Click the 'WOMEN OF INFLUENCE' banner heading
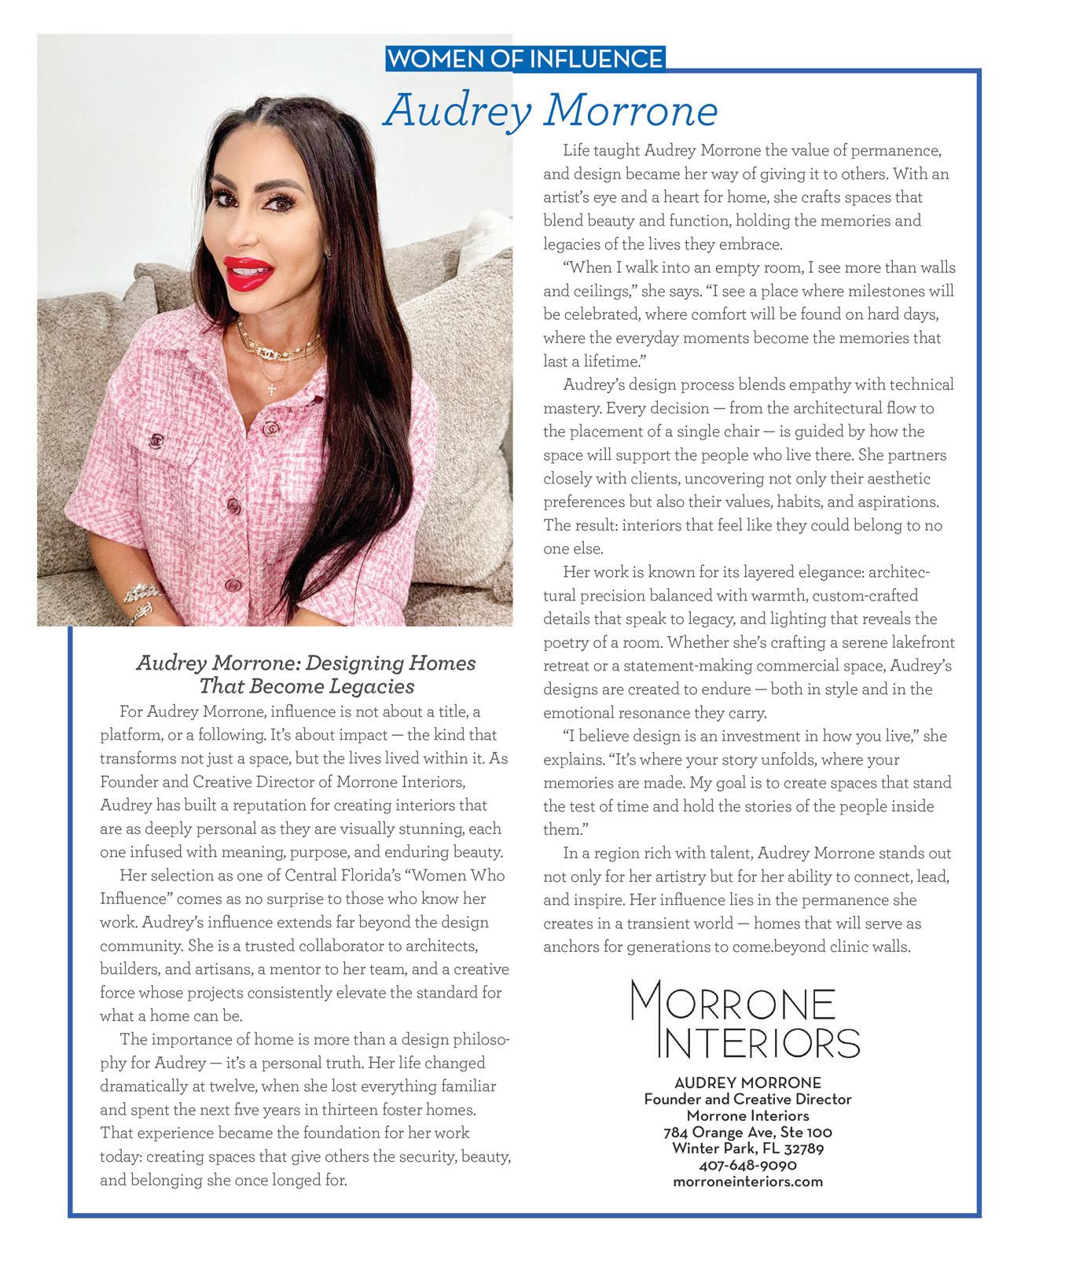[525, 59]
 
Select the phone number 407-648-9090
[747, 1165]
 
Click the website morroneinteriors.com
[747, 1181]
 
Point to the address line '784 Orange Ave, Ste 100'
[747, 1133]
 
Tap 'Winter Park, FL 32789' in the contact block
[747, 1148]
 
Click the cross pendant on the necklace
[273, 388]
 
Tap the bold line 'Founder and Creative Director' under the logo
[747, 1100]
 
